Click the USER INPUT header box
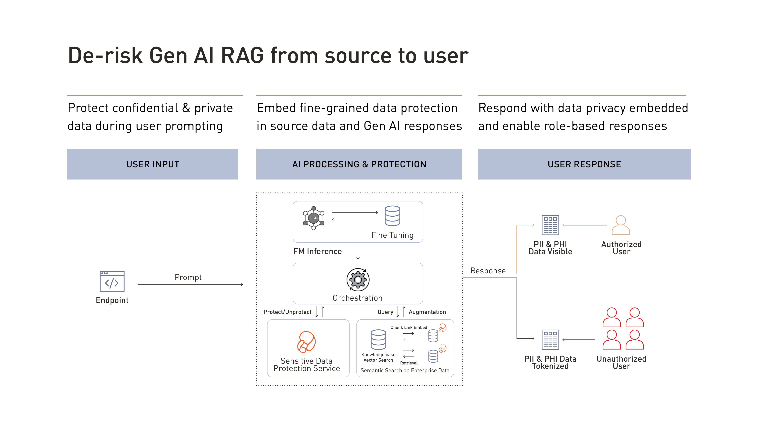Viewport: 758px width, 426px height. tap(153, 164)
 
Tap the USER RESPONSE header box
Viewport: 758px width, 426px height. tap(584, 164)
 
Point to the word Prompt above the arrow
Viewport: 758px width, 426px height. tap(188, 277)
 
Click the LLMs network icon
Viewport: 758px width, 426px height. tap(314, 218)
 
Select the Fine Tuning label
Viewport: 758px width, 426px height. tap(392, 235)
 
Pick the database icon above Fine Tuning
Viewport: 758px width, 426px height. tap(392, 216)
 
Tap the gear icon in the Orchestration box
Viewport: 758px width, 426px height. tap(358, 280)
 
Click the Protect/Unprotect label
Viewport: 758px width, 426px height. tap(287, 312)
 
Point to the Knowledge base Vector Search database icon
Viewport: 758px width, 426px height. tap(378, 339)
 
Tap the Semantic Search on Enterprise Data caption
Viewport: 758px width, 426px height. tap(405, 371)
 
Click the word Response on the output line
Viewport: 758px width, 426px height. tap(488, 271)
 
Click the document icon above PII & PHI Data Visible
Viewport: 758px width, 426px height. tap(550, 225)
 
